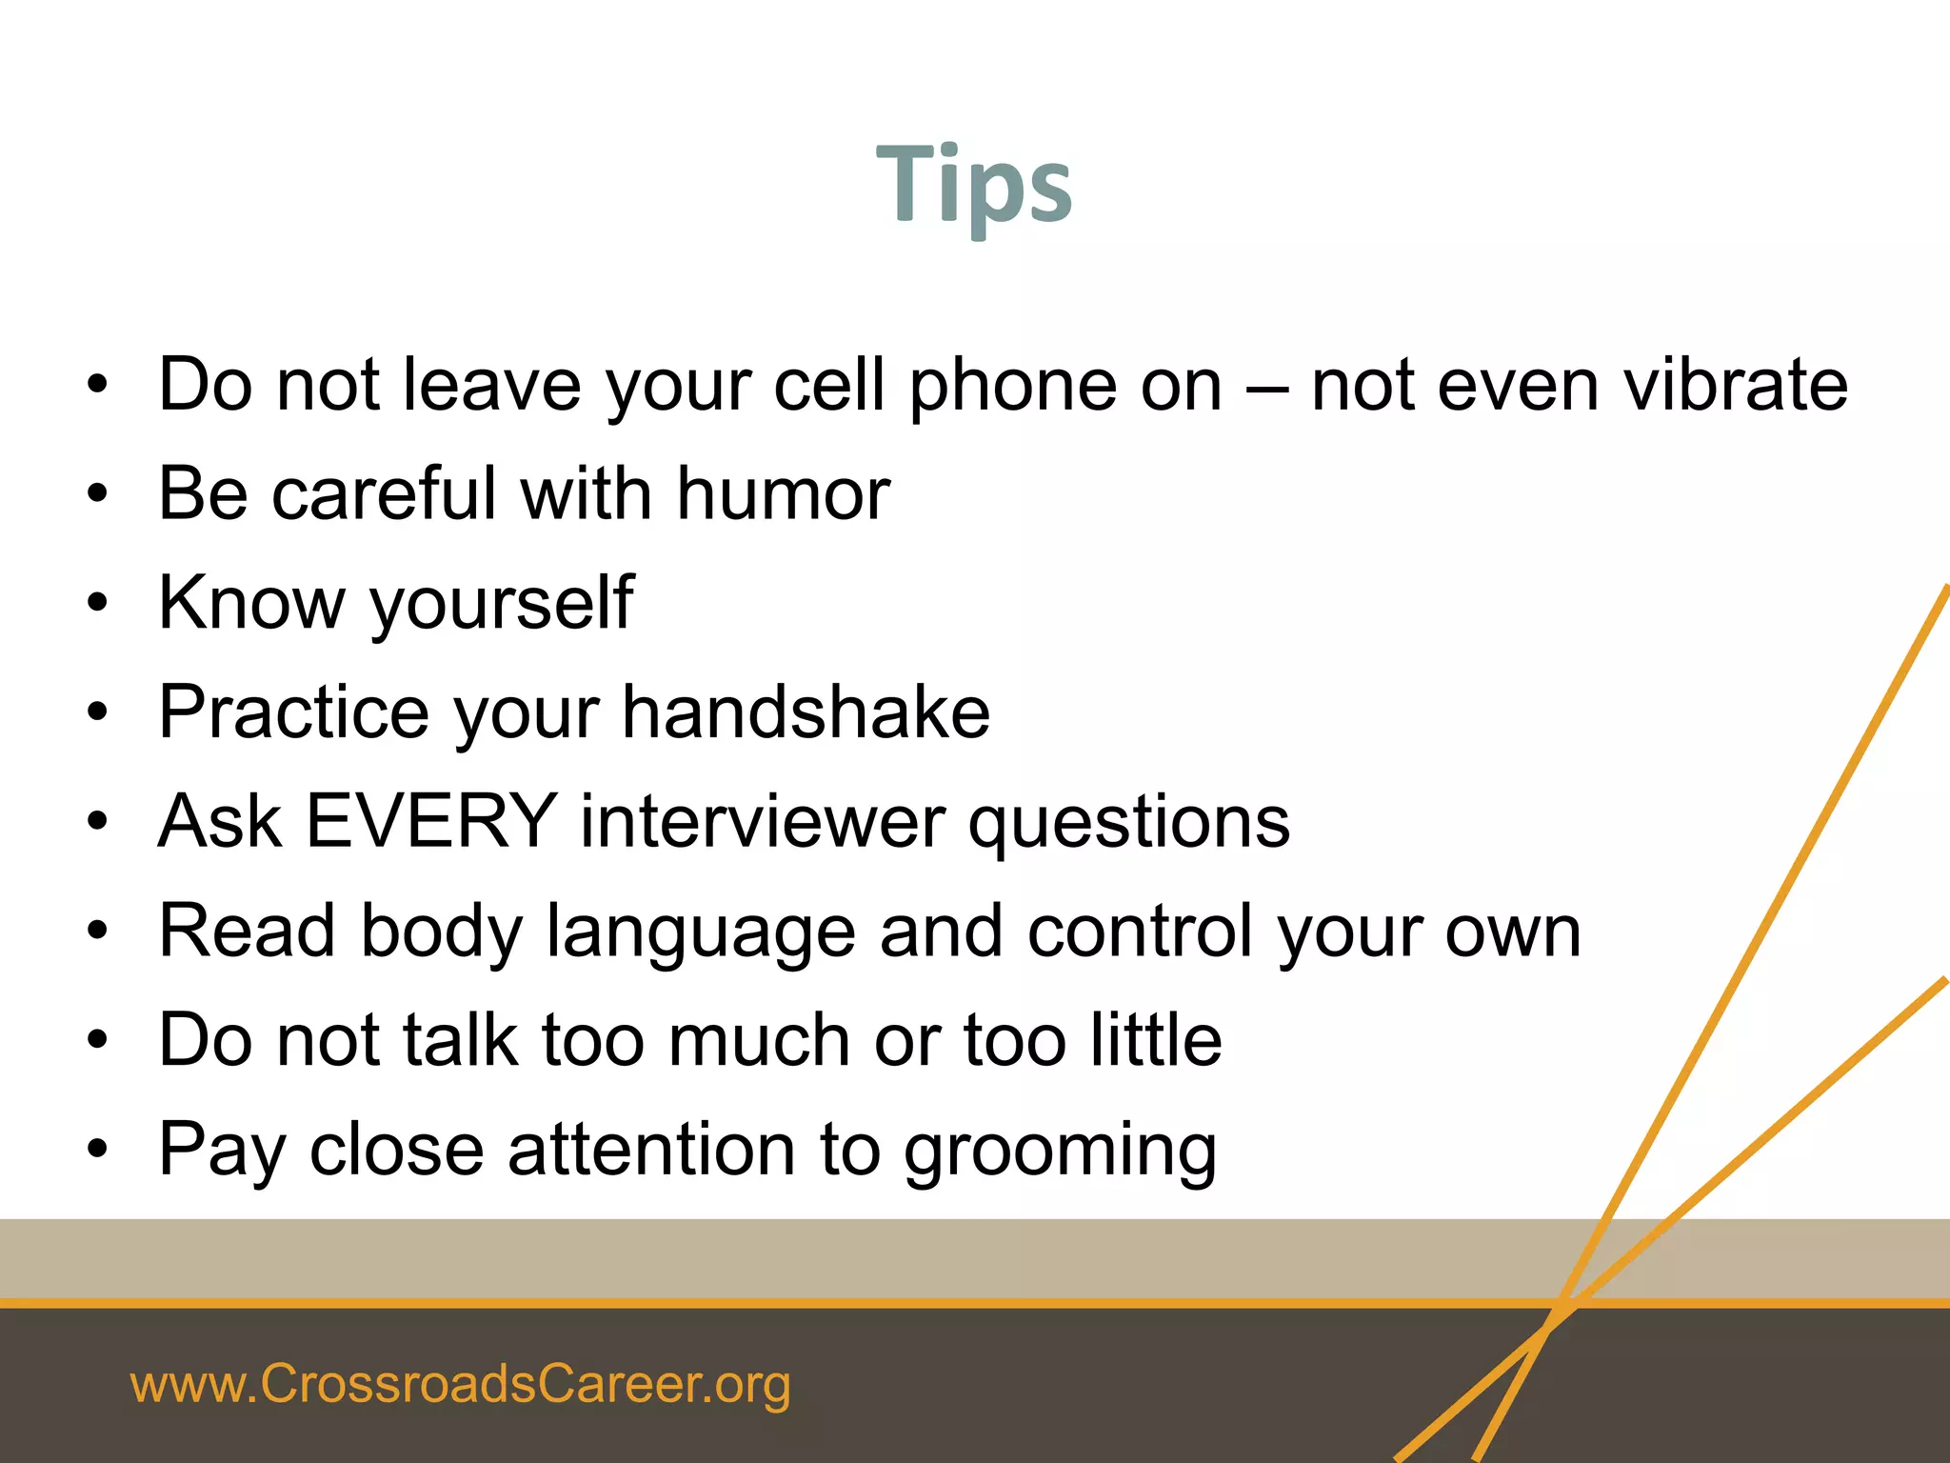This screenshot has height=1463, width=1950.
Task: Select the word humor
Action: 783,493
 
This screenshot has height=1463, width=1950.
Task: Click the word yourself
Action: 501,604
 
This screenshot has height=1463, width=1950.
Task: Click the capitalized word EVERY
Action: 430,821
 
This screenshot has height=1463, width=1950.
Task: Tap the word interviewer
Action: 763,821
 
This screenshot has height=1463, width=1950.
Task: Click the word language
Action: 701,932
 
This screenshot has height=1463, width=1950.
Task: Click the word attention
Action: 651,1149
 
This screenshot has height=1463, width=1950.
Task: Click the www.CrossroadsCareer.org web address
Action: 460,1384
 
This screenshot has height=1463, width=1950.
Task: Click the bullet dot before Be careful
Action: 97,494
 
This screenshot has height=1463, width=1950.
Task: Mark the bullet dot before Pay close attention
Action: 97,1150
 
